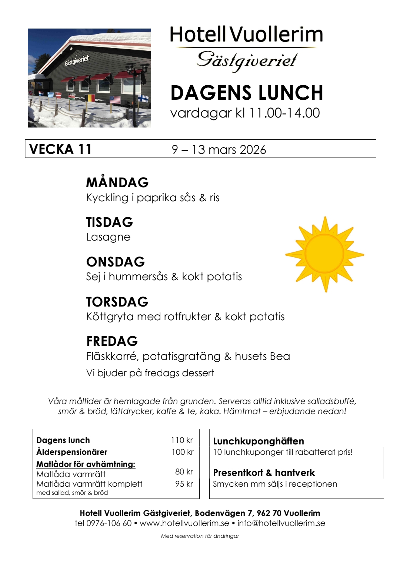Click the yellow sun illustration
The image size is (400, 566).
pos(324,254)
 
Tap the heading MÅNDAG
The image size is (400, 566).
pos(117,182)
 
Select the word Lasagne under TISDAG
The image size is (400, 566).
pos(108,237)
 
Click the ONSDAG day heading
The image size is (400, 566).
pos(115,262)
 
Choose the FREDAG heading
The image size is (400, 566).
pos(112,341)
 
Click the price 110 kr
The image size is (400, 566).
pos(182,440)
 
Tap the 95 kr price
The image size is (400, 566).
pos(184,484)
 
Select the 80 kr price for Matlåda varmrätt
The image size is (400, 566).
pos(184,472)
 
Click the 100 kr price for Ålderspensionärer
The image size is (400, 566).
pos(182,452)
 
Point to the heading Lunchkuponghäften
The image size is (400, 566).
pos(259,441)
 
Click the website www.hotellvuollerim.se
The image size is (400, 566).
pos(184,523)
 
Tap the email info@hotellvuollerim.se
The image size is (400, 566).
pos(281,523)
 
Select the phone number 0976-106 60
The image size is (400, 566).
pos(109,523)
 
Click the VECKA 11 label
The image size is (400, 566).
pos(60,149)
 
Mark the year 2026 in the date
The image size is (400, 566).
pos(253,150)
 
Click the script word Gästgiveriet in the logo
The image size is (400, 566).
pos(247,60)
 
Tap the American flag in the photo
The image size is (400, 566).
pos(115,99)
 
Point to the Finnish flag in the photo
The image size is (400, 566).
pos(143,98)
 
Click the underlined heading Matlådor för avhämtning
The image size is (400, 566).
pos(86,464)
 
